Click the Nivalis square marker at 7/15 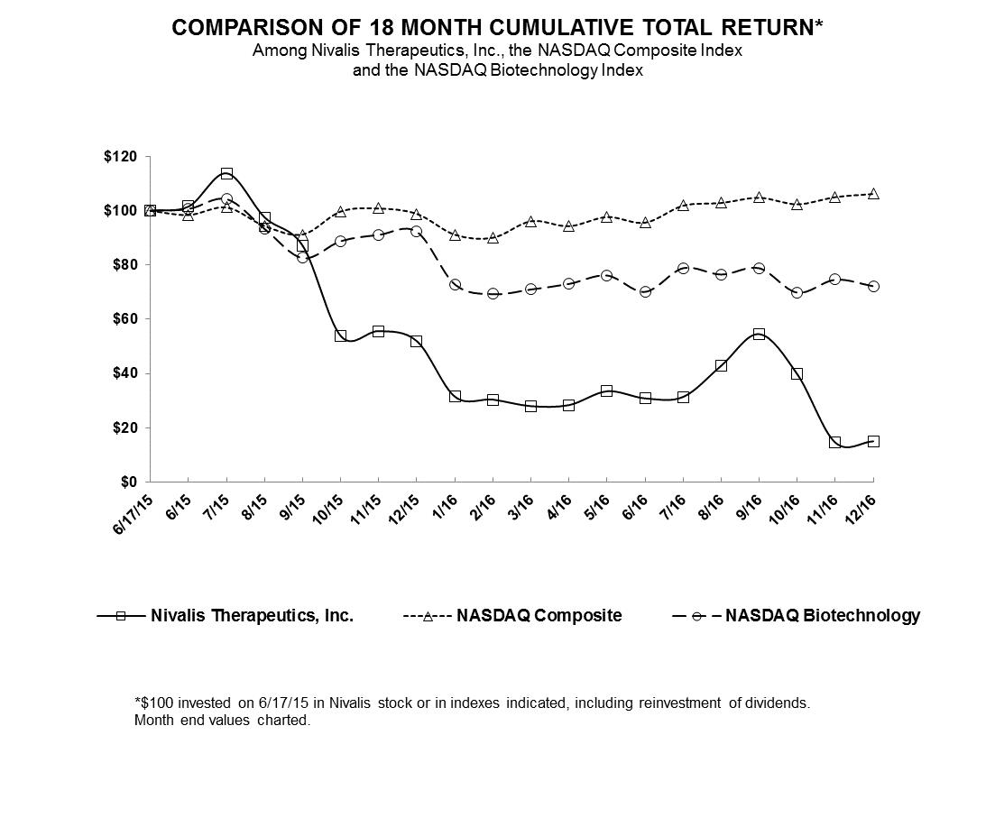point(226,173)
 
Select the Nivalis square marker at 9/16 point(759,334)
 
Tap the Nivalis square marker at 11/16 point(834,442)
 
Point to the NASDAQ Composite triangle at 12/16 point(873,194)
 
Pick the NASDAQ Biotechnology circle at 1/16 point(455,285)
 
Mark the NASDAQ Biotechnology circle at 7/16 point(683,268)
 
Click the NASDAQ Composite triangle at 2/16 point(493,238)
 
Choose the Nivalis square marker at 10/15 point(340,335)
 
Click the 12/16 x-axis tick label point(864,507)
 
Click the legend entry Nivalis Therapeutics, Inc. point(252,616)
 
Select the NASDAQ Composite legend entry point(539,616)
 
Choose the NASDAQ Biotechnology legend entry point(822,616)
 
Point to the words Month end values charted point(222,721)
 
